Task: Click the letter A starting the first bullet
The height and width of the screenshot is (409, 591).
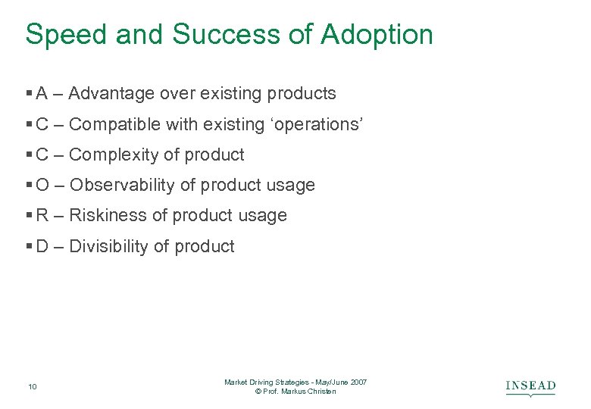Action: tap(42, 94)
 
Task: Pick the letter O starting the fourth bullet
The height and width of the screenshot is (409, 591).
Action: tap(42, 186)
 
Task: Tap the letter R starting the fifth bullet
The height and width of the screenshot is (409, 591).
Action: tap(42, 216)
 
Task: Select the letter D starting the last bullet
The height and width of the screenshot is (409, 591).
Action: tap(42, 247)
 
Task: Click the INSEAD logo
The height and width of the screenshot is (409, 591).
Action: tap(530, 387)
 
